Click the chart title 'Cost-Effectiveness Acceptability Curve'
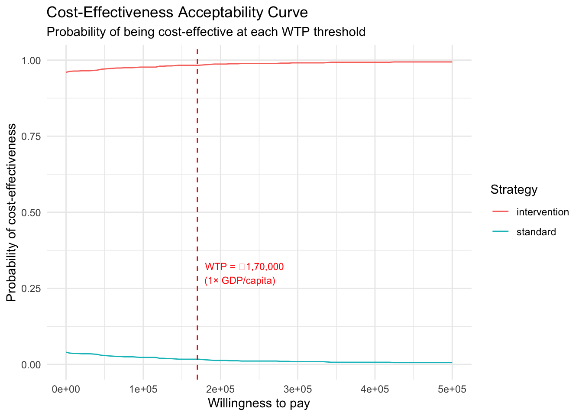[x=177, y=13]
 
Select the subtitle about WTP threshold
[x=206, y=32]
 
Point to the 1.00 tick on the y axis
[x=31, y=60]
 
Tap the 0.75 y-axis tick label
[x=31, y=136]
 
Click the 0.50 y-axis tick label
[x=31, y=212]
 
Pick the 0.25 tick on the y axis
[x=31, y=289]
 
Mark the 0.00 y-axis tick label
[x=31, y=364]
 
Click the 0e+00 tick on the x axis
[x=66, y=389]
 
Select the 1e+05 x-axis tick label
[x=143, y=389]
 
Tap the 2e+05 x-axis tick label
[x=220, y=389]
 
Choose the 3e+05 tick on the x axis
[x=297, y=389]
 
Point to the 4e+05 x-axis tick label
[x=375, y=389]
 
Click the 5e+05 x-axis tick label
[x=452, y=389]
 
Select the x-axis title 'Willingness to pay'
[x=259, y=403]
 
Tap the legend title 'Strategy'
[x=514, y=189]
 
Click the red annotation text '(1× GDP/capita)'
[x=240, y=281]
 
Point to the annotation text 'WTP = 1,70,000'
[x=244, y=266]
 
